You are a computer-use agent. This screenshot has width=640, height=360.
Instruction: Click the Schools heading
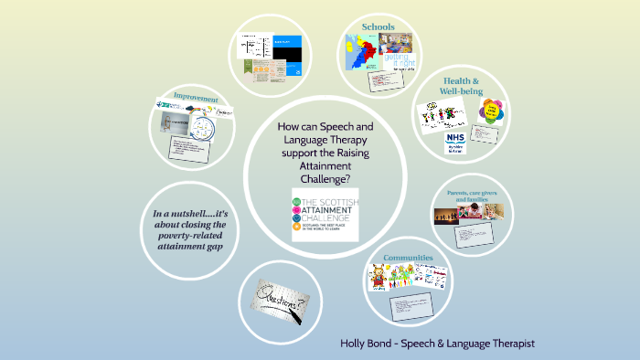point(378,26)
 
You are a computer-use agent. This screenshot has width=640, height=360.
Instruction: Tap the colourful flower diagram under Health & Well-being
point(492,112)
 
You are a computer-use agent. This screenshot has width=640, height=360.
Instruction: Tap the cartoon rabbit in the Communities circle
point(378,275)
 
